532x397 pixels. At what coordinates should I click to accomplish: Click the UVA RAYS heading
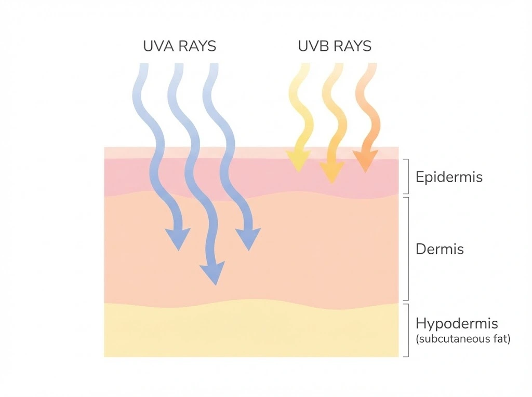coord(179,46)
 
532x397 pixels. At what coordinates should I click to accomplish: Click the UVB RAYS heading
coord(335,46)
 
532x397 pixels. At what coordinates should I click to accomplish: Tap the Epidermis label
coord(449,177)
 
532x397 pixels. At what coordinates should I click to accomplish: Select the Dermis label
coord(440,249)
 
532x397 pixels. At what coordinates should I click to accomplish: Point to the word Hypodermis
coord(457,324)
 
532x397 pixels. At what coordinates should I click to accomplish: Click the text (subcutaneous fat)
coord(463,339)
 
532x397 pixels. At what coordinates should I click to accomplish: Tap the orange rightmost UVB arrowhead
coord(365,161)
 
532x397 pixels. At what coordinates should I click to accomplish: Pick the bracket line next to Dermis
coord(407,249)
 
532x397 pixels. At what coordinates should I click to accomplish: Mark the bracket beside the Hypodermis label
coord(407,330)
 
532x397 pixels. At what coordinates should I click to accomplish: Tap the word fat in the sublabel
coord(502,339)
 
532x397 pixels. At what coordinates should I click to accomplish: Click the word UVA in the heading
coord(158,46)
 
